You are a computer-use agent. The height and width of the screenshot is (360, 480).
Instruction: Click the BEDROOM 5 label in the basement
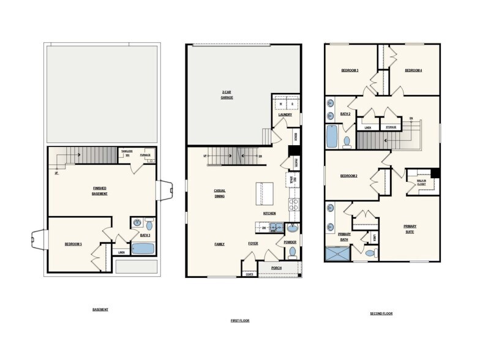(73, 244)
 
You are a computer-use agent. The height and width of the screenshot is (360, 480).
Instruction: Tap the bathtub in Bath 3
(143, 249)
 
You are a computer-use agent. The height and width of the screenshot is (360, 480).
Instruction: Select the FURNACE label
(145, 155)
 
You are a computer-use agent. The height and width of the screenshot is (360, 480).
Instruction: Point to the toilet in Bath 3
(149, 225)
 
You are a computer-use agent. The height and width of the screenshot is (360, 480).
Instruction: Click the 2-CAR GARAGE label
(227, 95)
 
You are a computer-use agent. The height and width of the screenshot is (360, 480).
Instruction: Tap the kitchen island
(266, 193)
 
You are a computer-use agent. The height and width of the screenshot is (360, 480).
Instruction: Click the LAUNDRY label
(285, 114)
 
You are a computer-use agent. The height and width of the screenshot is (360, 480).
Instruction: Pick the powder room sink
(291, 228)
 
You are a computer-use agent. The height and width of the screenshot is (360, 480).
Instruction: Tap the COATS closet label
(249, 274)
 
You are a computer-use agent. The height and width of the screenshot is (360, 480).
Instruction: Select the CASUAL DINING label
(219, 193)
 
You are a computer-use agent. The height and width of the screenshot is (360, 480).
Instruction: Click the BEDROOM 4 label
(413, 70)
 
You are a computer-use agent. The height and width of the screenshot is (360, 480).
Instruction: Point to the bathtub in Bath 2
(332, 136)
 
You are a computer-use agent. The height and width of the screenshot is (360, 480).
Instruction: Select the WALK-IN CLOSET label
(422, 182)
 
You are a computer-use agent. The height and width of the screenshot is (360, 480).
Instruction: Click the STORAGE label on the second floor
(391, 127)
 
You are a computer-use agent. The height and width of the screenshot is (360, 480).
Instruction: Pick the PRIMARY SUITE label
(410, 228)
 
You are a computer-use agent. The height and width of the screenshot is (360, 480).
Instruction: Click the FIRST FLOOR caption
(241, 320)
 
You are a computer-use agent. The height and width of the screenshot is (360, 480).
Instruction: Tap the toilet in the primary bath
(369, 252)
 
